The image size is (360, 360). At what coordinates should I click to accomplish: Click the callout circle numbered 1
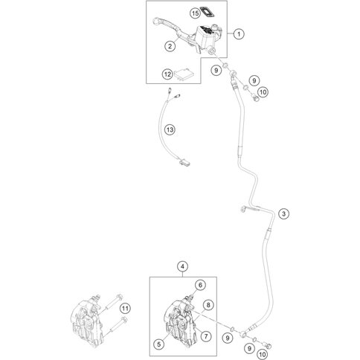point(239,33)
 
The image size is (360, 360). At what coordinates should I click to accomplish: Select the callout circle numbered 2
point(170,46)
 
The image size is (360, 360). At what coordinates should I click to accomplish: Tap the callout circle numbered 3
point(283,213)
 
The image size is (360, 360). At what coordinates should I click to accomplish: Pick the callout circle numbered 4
point(182,266)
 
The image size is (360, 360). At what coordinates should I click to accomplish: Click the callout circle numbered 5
point(159,344)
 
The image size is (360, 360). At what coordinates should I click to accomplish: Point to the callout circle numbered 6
point(200,285)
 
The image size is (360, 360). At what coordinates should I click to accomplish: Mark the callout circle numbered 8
point(208,305)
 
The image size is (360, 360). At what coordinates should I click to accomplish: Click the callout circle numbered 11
point(125,309)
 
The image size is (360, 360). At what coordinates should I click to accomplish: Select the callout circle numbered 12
point(167,74)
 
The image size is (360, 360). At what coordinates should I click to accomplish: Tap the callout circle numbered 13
point(170,129)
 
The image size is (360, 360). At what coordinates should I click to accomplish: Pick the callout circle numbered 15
point(196,13)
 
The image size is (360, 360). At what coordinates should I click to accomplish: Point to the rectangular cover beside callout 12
point(184,74)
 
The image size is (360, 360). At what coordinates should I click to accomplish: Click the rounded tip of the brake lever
point(156,20)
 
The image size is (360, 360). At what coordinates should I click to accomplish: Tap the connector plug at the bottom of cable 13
point(184,162)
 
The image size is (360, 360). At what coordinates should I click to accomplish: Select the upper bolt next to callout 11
point(115,302)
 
